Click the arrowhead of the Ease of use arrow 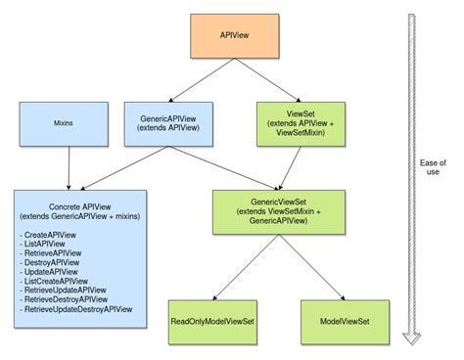(x=412, y=337)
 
